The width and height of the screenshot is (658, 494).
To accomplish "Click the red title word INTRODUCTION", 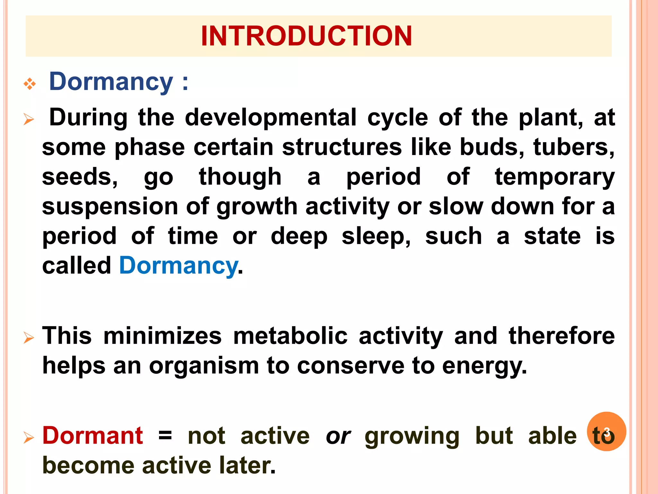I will (x=306, y=36).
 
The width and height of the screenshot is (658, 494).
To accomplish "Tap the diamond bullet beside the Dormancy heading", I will (x=30, y=84).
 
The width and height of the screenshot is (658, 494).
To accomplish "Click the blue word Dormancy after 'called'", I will (x=178, y=266).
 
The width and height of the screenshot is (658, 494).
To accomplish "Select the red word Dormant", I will (x=93, y=436).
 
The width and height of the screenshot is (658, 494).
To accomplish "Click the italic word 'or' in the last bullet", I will (x=338, y=436).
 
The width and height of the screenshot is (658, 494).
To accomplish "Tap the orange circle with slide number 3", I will (x=606, y=431).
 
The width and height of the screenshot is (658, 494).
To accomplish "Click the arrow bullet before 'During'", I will (x=29, y=120).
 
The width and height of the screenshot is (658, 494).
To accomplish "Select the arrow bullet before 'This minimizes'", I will (x=29, y=338).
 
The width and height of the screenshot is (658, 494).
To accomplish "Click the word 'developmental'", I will (x=271, y=117).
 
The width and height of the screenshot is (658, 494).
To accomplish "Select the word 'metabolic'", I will (x=290, y=336).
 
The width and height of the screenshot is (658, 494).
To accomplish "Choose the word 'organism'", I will (x=204, y=366).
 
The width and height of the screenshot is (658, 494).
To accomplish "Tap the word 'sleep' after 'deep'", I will (x=376, y=236).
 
